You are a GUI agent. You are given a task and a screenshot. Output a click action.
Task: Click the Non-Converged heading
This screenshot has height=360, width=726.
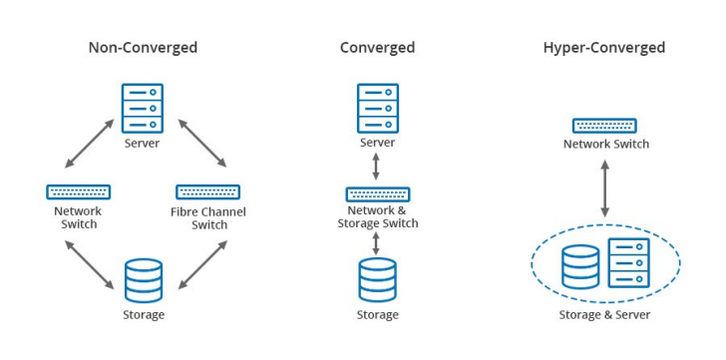click(x=143, y=47)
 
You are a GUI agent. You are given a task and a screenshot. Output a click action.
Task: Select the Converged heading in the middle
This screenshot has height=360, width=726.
click(x=377, y=47)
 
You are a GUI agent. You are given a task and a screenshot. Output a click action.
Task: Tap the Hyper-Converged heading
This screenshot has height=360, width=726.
click(x=604, y=47)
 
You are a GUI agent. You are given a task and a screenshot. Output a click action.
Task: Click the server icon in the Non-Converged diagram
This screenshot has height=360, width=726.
click(x=142, y=109)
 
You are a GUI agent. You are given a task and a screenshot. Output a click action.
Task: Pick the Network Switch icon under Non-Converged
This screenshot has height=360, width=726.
click(x=78, y=191)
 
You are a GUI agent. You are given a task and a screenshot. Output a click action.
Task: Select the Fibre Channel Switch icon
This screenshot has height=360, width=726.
click(x=207, y=191)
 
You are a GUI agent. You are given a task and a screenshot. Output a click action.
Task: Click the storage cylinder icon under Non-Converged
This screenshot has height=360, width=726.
click(x=143, y=280)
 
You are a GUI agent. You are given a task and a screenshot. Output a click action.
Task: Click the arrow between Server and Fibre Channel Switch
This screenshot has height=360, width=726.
click(x=204, y=143)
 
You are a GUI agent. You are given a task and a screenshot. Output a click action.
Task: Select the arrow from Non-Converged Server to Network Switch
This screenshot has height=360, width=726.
click(x=87, y=143)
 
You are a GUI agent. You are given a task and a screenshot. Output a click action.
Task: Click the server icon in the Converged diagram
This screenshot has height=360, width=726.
click(x=377, y=109)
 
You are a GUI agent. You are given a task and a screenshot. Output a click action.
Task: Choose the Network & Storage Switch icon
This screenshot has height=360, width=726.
click(x=377, y=193)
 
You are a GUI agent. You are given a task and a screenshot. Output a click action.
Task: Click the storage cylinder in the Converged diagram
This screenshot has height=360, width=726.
click(x=377, y=280)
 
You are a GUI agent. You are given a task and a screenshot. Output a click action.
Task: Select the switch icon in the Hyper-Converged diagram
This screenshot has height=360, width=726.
click(x=604, y=126)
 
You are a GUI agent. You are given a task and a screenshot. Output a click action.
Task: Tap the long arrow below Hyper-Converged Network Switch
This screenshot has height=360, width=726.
click(x=604, y=186)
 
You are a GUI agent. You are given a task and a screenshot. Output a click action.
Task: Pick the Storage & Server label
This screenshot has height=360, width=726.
click(x=605, y=315)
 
